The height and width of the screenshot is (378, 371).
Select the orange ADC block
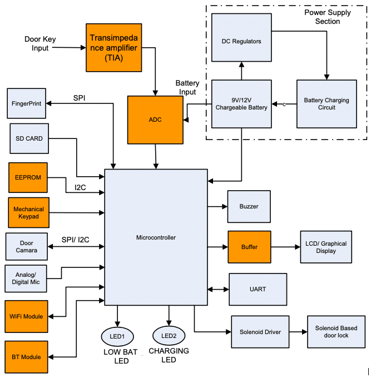pos(155,120)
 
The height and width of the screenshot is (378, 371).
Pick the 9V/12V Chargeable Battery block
pos(241,103)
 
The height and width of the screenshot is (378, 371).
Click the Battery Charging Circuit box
pos(326,103)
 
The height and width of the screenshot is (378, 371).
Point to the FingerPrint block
pos(27,103)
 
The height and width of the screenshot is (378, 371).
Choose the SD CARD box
pos(29,139)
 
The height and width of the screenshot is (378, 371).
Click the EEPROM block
pos(28,177)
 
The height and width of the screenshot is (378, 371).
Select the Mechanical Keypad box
pos(29,212)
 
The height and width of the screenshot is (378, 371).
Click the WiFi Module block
pos(26,316)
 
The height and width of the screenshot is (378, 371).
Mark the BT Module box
pos(26,356)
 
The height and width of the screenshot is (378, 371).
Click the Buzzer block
pos(249,206)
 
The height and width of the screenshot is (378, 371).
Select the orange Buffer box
pos(249,247)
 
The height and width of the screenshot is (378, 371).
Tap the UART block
pos(258,289)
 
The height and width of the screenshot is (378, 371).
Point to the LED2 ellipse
pos(169,336)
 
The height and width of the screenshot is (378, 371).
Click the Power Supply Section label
pos(327,17)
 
